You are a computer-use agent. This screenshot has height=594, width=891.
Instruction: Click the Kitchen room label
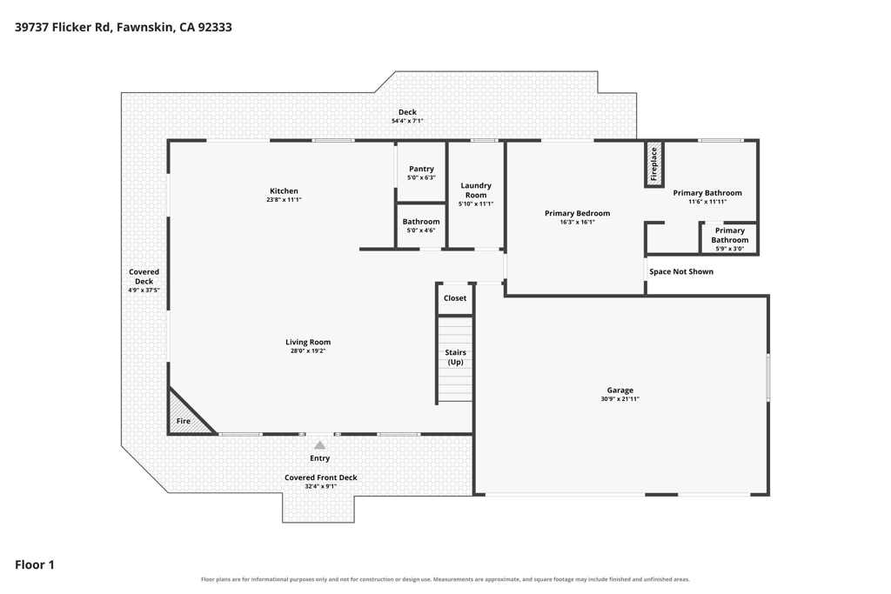click(284, 190)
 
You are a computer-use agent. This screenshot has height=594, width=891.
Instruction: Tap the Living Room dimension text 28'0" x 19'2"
click(308, 351)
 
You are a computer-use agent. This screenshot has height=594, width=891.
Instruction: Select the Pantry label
click(421, 169)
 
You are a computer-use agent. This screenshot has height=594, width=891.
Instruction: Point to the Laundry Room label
click(476, 190)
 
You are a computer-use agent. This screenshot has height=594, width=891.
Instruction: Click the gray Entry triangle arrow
click(320, 445)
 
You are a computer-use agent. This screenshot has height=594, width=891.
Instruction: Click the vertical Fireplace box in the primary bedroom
click(653, 164)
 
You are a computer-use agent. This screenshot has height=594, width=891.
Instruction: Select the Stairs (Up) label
click(455, 357)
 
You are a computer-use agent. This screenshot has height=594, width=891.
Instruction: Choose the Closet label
click(454, 298)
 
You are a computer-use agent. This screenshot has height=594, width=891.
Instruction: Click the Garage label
click(620, 390)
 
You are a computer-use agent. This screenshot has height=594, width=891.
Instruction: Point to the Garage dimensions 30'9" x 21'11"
click(620, 399)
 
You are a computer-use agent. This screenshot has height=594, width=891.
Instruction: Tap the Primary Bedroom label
click(578, 214)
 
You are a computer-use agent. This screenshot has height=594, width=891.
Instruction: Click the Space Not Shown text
click(681, 271)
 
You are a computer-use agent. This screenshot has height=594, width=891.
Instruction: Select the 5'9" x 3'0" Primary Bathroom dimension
click(730, 249)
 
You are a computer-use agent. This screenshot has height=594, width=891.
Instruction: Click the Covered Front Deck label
click(320, 477)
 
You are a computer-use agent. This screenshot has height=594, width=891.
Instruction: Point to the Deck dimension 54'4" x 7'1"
click(407, 121)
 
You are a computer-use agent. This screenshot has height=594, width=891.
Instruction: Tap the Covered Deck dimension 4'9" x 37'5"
click(144, 290)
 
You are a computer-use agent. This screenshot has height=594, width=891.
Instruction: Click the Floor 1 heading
click(35, 564)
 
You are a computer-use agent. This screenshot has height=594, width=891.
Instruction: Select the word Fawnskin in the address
click(145, 27)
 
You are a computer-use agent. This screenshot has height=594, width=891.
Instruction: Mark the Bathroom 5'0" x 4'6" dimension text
click(421, 230)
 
